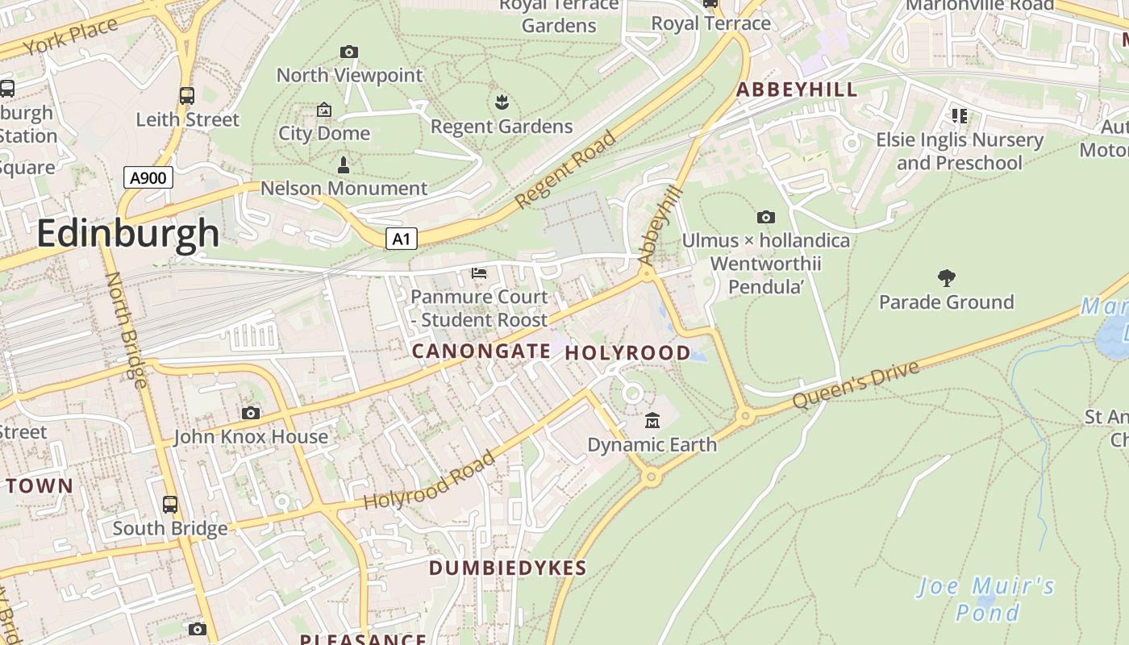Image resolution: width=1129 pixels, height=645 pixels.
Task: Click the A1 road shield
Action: click(x=401, y=239)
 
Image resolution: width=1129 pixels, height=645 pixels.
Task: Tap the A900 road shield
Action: click(x=148, y=177)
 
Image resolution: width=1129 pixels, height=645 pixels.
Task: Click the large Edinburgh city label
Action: click(x=127, y=234)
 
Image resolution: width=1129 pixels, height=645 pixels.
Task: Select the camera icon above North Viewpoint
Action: click(x=348, y=52)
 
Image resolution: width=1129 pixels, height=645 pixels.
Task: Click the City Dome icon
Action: click(x=324, y=110)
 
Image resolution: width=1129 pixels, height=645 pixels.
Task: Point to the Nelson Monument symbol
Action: click(x=344, y=165)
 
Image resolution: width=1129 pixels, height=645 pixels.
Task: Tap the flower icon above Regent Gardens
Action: click(x=501, y=102)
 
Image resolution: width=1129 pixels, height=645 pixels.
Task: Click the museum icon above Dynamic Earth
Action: click(x=652, y=420)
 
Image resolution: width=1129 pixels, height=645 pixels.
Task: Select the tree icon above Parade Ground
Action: click(x=946, y=278)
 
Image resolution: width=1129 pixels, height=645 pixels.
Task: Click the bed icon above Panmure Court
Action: click(x=479, y=273)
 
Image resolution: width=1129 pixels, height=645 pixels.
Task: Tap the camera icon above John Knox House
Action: click(x=251, y=414)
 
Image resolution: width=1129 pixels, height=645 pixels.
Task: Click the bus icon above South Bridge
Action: click(x=170, y=505)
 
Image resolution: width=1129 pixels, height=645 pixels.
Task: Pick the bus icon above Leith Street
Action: click(x=187, y=96)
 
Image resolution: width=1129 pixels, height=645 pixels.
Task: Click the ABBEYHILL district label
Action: click(x=797, y=89)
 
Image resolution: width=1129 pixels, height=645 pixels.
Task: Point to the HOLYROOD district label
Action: click(x=627, y=353)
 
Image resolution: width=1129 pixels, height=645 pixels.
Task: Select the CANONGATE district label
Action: click(x=481, y=352)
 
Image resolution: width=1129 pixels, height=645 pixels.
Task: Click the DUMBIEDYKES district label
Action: click(x=507, y=568)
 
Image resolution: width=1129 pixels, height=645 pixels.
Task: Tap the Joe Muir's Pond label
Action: click(x=986, y=598)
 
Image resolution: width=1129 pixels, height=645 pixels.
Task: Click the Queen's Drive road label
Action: click(x=856, y=385)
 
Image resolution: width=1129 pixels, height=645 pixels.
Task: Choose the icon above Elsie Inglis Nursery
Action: click(x=959, y=116)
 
